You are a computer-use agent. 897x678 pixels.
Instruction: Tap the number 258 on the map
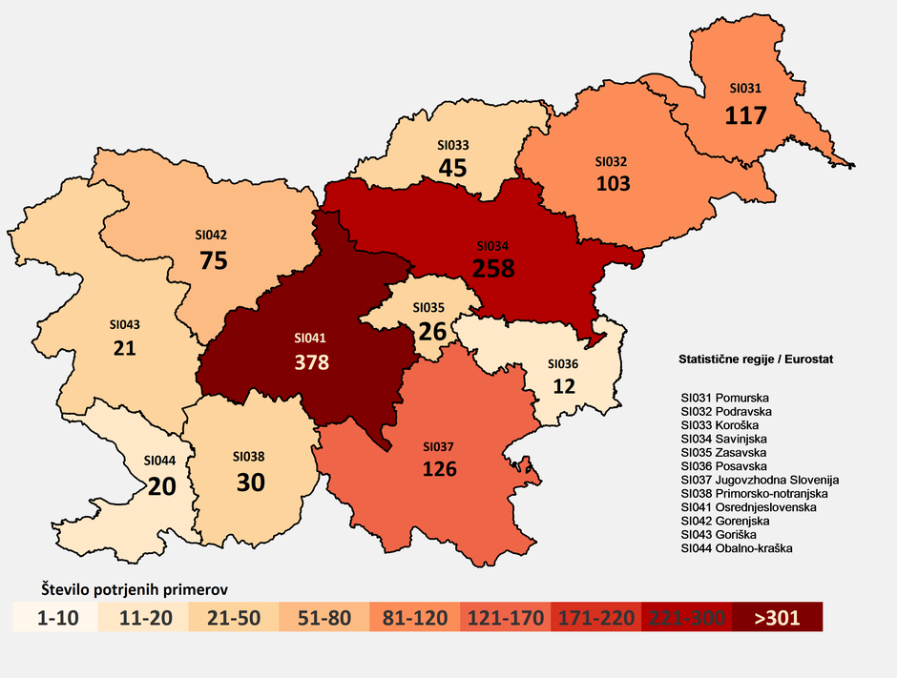(x=494, y=268)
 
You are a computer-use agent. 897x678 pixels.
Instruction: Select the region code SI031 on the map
(x=745, y=88)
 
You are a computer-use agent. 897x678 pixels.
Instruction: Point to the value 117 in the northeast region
(x=746, y=115)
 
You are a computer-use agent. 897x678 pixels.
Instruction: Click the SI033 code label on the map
(x=452, y=145)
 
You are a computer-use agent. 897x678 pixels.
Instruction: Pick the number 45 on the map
(x=452, y=169)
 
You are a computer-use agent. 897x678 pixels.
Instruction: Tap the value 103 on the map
(x=612, y=184)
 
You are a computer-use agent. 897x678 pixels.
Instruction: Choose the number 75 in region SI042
(x=213, y=260)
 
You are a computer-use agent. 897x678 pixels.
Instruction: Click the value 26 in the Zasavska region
(x=432, y=331)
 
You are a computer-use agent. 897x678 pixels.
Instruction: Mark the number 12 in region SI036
(x=563, y=387)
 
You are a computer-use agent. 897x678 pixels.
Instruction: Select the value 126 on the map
(x=439, y=469)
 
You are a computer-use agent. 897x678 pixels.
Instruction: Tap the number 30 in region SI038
(x=250, y=483)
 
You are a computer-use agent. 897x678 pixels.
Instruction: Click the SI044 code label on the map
(x=160, y=460)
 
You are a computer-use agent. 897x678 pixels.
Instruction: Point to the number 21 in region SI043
(x=124, y=349)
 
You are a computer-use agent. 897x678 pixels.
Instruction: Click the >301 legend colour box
(x=778, y=617)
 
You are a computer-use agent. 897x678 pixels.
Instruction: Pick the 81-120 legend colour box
(x=414, y=617)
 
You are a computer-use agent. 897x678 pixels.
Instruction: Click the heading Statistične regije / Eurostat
(x=755, y=360)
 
